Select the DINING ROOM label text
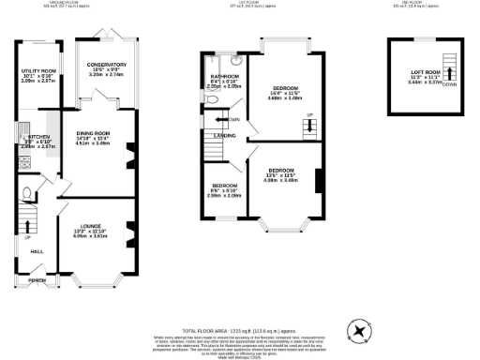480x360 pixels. click(94, 133)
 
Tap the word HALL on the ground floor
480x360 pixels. click(37, 251)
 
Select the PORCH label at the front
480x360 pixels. click(37, 280)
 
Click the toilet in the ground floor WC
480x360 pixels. click(27, 194)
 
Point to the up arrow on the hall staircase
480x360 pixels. click(27, 225)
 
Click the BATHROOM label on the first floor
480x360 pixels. click(225, 76)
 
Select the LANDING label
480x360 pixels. click(225, 136)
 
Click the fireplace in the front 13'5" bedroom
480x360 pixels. click(321, 178)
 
